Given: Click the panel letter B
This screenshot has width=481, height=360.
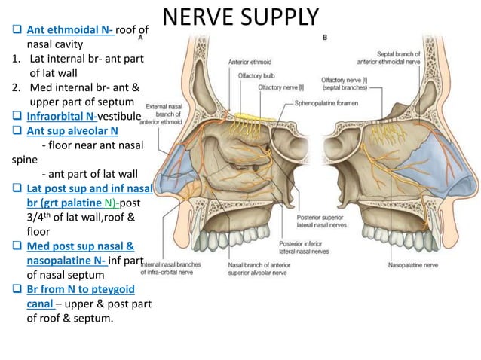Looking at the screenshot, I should coord(324,37).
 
